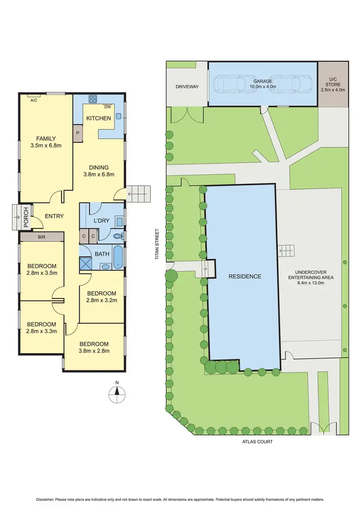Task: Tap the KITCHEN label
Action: click(x=98, y=118)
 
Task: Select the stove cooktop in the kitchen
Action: click(x=93, y=100)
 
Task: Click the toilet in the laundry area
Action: click(x=117, y=236)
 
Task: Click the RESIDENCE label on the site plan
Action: click(x=245, y=276)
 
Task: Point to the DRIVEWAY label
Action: click(x=187, y=87)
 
